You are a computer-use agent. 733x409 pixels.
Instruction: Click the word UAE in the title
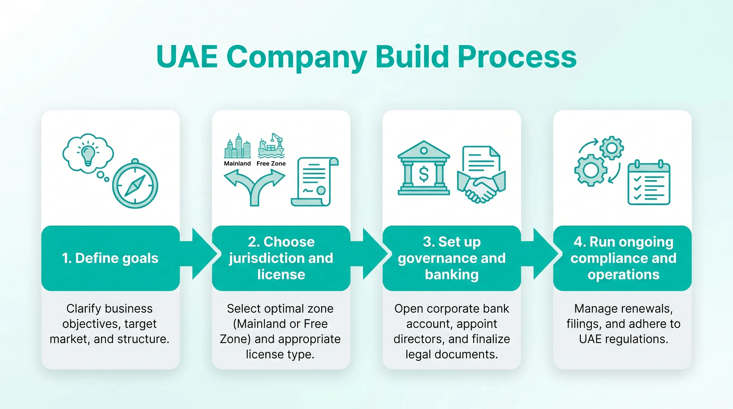coord(187,57)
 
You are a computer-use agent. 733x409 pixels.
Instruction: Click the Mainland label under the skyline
coord(237,163)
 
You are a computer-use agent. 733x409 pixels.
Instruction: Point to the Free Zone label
coord(271,163)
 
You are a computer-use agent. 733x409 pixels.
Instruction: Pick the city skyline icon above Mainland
coord(238,146)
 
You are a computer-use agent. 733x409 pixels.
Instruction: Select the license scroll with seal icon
coord(314,181)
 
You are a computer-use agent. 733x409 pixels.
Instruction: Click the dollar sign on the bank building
coord(423,174)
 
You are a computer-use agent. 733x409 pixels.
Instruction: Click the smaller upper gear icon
coord(612,148)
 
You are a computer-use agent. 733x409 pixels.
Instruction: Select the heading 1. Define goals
coord(110,258)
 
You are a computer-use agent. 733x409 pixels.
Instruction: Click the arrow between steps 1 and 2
coord(201,254)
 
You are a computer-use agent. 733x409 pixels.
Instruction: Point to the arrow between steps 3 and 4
coord(542,254)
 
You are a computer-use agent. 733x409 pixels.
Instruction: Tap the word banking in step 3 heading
coord(451,275)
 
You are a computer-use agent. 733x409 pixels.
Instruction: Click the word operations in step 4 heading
coord(624,275)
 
